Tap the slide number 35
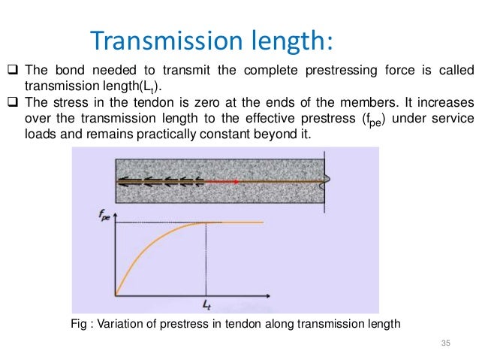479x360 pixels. pyautogui.click(x=446, y=343)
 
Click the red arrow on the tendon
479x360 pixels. pyautogui.click(x=224, y=181)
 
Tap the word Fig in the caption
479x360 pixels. pyautogui.click(x=77, y=324)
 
